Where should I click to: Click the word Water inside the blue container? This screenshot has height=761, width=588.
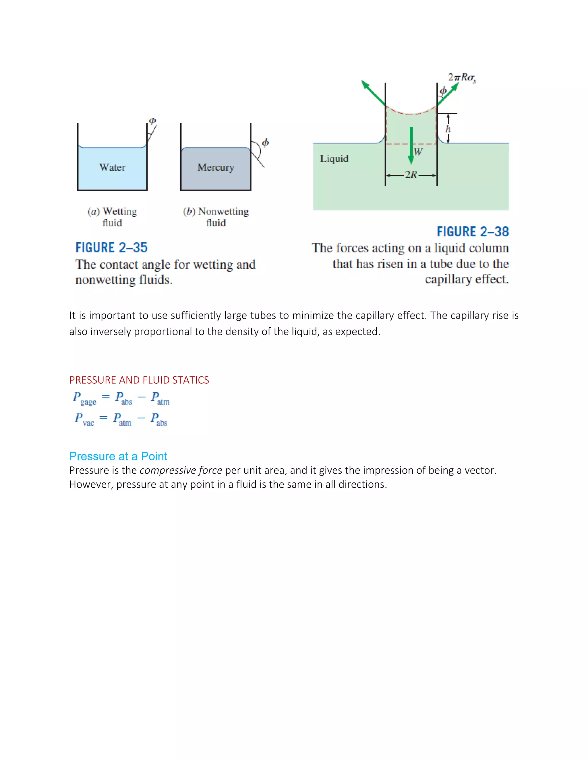(x=112, y=167)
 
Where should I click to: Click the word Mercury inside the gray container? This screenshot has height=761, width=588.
(x=216, y=167)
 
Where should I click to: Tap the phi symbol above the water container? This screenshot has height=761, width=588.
(x=152, y=121)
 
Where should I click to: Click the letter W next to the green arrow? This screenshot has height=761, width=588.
(x=418, y=152)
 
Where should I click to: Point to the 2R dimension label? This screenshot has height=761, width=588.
(x=411, y=175)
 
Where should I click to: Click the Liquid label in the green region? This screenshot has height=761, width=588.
(x=334, y=159)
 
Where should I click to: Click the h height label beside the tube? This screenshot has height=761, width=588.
(x=448, y=129)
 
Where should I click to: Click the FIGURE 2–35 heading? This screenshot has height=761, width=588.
(x=111, y=248)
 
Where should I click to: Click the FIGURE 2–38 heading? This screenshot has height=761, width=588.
(x=473, y=232)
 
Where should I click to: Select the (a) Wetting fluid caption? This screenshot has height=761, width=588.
(x=112, y=217)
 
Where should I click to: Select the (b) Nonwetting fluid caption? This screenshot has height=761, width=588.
(x=216, y=217)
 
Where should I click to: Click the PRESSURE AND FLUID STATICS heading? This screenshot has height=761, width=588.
(x=139, y=380)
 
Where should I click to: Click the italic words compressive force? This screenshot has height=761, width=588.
(x=181, y=470)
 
